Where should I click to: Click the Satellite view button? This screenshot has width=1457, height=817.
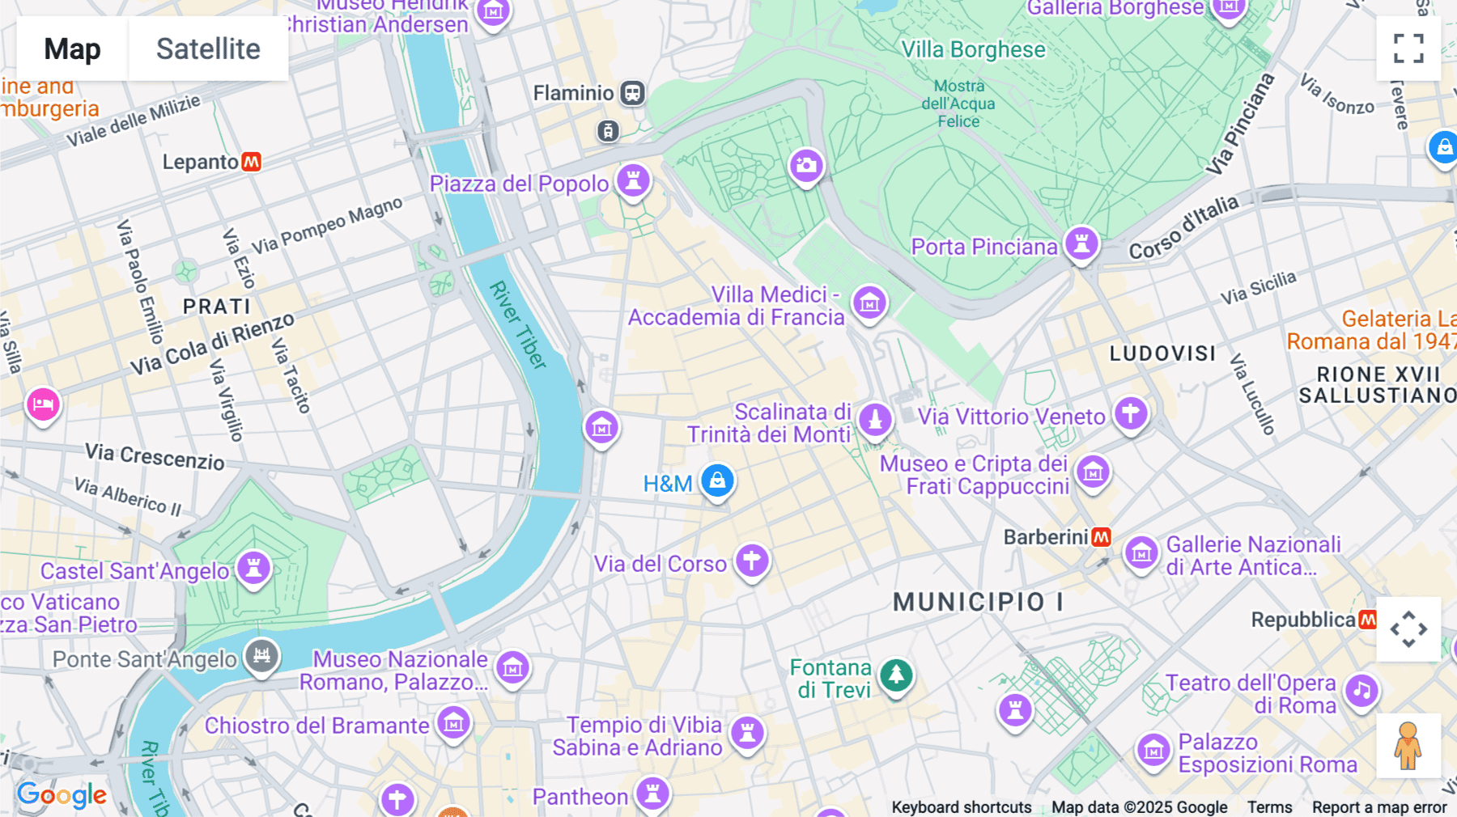[x=208, y=49]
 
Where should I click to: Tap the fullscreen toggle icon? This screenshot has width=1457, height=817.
[x=1408, y=49]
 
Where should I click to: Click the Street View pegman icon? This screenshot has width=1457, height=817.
[x=1408, y=746]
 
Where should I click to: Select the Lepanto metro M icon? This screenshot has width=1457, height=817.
[x=252, y=162]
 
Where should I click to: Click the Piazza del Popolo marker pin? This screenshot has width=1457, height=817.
[x=634, y=180]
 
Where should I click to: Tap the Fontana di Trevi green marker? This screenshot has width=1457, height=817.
[x=896, y=674]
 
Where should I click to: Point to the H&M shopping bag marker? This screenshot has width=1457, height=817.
[x=717, y=480]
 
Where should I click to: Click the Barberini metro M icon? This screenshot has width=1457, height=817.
[x=1101, y=537]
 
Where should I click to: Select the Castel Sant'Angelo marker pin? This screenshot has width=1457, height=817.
[x=253, y=568]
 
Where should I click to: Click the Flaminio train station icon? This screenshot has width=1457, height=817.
[x=632, y=93]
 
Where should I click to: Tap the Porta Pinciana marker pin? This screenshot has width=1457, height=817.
[x=1081, y=243]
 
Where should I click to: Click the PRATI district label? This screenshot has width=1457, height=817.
[x=216, y=307]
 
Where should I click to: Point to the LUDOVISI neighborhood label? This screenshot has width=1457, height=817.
[x=1162, y=353]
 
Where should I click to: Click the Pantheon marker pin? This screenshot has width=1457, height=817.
[x=652, y=793]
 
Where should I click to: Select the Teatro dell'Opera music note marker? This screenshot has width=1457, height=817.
[x=1362, y=691]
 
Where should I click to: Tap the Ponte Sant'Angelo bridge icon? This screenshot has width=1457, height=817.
[x=261, y=656]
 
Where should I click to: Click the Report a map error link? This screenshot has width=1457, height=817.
[x=1379, y=807]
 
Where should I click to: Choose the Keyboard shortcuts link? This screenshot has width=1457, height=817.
[x=961, y=807]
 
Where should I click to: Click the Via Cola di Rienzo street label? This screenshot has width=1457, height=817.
[x=212, y=344]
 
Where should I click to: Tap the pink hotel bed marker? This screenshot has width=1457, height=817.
[x=43, y=403]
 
